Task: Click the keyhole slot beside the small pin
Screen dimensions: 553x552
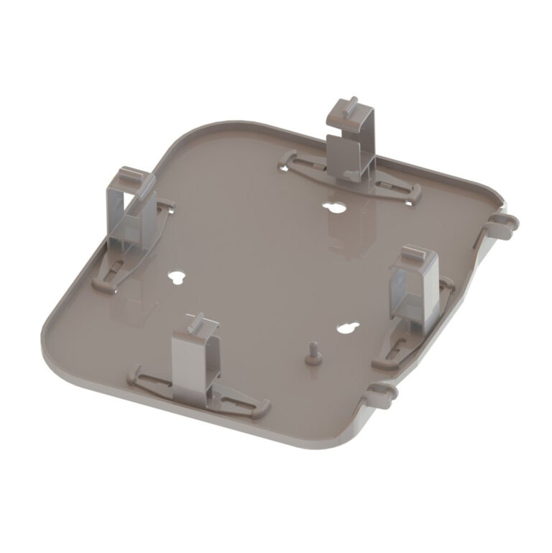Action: tap(347, 326)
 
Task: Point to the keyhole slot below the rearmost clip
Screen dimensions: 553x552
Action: tap(333, 209)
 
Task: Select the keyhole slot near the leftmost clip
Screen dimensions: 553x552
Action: tap(176, 277)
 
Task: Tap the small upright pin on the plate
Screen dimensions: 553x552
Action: tap(313, 353)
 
